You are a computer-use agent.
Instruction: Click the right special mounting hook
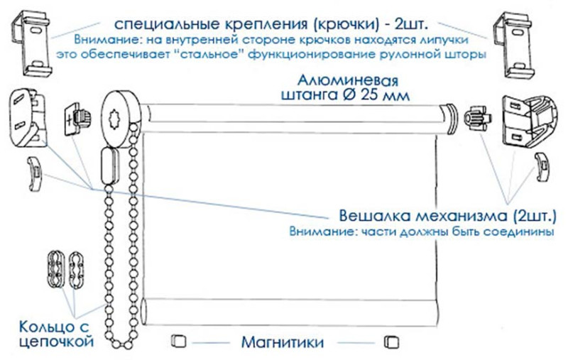coord(514,45)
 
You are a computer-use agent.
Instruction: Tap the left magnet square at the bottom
coord(179,341)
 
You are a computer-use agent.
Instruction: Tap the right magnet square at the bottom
coord(392,342)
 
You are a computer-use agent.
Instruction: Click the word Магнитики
coord(283,342)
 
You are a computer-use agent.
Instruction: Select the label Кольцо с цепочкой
coord(55,334)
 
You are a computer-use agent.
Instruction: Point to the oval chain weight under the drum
coord(110,167)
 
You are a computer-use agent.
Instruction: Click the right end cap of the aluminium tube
coord(449,119)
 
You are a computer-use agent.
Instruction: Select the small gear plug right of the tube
coord(477,117)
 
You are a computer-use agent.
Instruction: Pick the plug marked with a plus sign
coord(77,119)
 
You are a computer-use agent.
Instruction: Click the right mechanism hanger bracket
coord(530,121)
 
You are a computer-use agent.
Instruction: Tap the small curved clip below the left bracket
coord(35,174)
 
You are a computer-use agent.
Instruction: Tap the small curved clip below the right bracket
coord(543,167)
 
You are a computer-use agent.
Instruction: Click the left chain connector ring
coord(56,268)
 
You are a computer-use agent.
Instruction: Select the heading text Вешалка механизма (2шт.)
coord(447,216)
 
